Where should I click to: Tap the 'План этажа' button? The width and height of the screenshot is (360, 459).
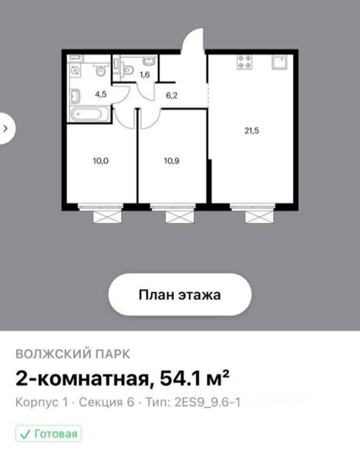pyautogui.click(x=180, y=295)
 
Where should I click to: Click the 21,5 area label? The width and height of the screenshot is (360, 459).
pyautogui.click(x=251, y=131)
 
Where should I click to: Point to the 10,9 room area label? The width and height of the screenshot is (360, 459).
pyautogui.click(x=172, y=161)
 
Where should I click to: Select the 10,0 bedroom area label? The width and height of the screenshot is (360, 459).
pyautogui.click(x=101, y=161)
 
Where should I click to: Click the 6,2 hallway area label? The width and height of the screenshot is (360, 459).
pyautogui.click(x=172, y=96)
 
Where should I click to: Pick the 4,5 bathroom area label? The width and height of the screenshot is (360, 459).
pyautogui.click(x=101, y=94)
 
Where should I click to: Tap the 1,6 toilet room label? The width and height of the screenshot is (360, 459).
pyautogui.click(x=144, y=75)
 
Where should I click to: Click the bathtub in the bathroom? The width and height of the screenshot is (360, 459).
pyautogui.click(x=90, y=114)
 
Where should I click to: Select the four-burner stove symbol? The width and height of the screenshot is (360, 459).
pyautogui.click(x=244, y=62)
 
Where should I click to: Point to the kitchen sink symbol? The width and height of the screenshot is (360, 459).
pyautogui.click(x=279, y=62)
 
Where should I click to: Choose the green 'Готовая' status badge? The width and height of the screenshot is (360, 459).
pyautogui.click(x=48, y=434)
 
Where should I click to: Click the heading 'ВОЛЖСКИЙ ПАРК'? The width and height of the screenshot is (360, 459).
pyautogui.click(x=73, y=354)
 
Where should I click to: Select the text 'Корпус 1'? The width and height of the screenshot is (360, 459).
pyautogui.click(x=41, y=402)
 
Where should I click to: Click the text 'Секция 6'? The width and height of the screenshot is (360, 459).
pyautogui.click(x=107, y=402)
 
